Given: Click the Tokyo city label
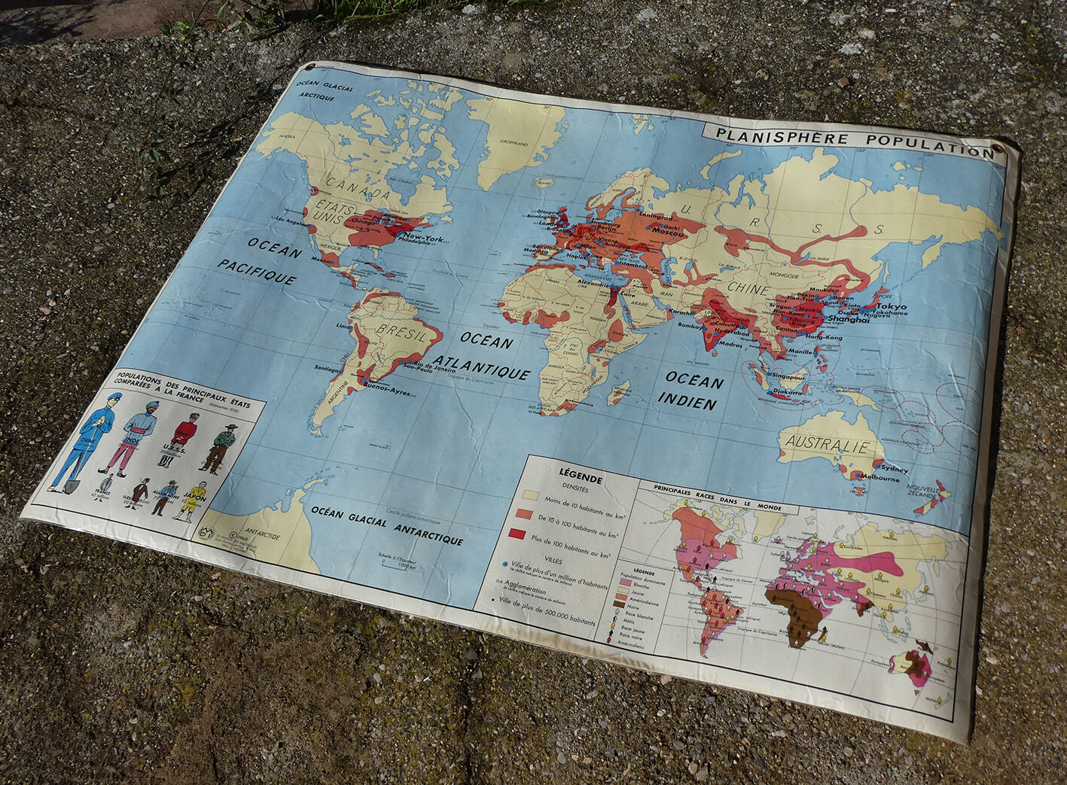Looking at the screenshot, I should point(891,306).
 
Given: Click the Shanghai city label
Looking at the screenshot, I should point(848,319).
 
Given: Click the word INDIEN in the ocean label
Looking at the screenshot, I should point(690,403).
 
